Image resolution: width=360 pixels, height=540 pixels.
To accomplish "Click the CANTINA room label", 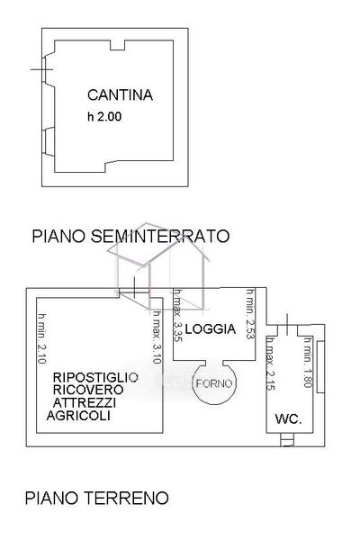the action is tap(120, 95).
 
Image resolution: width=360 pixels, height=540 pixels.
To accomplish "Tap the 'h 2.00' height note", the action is tap(104, 116).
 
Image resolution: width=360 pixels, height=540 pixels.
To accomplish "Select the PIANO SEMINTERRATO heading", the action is tap(130, 236).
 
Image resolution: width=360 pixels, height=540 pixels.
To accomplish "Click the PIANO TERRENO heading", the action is tap(97, 498).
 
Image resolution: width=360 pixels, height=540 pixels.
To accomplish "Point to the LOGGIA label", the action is tap(211, 328).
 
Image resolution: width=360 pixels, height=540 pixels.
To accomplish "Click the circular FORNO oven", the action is tap(214, 383).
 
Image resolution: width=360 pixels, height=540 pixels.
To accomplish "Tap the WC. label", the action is tap(288, 419).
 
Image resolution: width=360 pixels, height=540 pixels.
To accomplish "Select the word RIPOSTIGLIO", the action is tap(95, 377).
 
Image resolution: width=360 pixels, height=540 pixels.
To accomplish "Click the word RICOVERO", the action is tap(88, 390).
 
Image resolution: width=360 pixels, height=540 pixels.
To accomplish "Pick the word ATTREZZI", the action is tap(85, 402).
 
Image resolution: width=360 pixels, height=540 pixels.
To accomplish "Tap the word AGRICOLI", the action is tap(78, 415).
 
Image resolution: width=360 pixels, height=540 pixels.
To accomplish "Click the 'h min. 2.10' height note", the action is tap(41, 338).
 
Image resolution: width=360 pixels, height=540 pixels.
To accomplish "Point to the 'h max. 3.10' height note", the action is tap(157, 337).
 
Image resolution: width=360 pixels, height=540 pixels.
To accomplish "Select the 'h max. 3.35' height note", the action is tap(177, 315).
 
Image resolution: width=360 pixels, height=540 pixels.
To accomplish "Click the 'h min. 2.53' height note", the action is tap(250, 314).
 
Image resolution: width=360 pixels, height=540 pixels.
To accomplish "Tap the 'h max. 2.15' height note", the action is tap(270, 364).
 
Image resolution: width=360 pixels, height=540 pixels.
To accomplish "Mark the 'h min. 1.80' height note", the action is tap(307, 363).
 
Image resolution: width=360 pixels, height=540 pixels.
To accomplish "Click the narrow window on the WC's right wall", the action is tap(320, 367).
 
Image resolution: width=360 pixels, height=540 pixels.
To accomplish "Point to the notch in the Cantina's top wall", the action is tap(118, 45).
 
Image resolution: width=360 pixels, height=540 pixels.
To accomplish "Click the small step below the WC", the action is tap(287, 440).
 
